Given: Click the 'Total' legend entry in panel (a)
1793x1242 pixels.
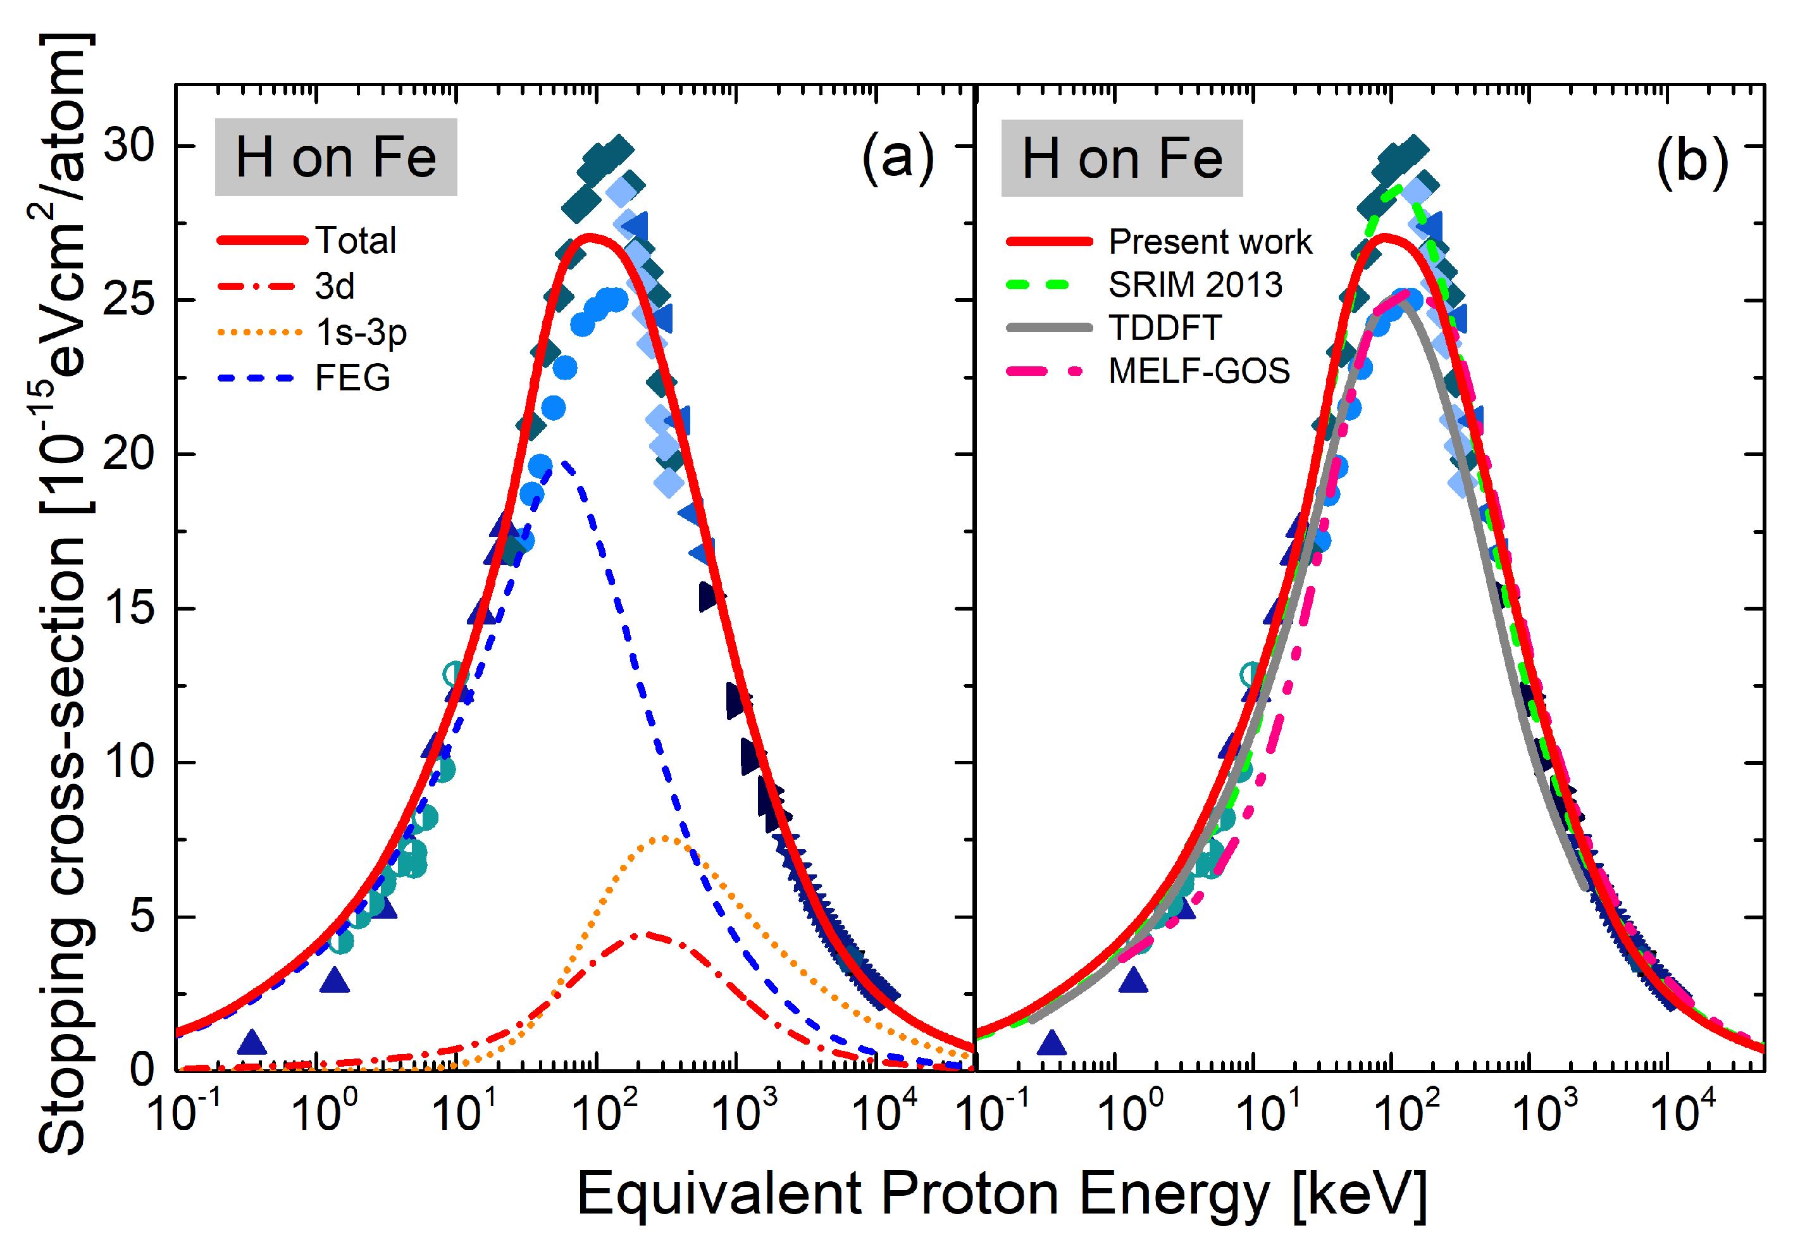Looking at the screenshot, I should [356, 240].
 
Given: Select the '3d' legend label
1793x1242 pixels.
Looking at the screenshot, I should [335, 287].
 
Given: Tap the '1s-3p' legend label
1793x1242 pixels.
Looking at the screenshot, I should [361, 332].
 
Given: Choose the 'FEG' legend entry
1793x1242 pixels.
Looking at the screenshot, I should [352, 378].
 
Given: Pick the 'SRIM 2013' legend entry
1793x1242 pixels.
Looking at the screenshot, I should [1194, 285].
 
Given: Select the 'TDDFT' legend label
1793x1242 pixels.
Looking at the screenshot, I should [1164, 328].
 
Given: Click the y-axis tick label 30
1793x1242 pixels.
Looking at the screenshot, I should [129, 146].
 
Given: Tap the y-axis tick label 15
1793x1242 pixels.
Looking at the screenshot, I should [129, 608].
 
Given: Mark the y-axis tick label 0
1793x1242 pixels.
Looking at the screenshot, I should [142, 1070].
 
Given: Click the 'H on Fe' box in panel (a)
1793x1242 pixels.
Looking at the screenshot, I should [335, 157].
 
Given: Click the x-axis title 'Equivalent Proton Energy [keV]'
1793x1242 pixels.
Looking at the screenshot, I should [1002, 1194].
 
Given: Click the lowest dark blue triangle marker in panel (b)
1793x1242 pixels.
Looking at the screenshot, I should [1052, 1042].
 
